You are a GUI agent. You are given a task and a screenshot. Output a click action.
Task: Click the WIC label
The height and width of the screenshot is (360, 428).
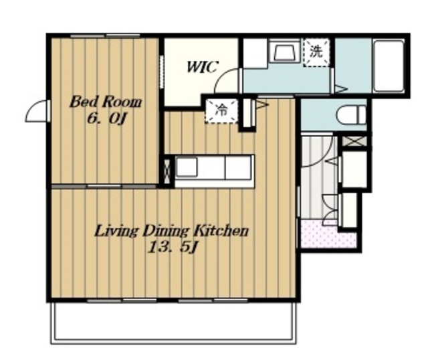(x=202, y=67)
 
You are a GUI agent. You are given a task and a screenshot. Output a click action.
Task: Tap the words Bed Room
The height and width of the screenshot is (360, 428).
(x=106, y=102)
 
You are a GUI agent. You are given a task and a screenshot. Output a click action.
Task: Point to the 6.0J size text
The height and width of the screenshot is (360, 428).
(x=107, y=119)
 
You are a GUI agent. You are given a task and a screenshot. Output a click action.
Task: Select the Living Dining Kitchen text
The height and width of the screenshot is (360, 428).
(x=171, y=232)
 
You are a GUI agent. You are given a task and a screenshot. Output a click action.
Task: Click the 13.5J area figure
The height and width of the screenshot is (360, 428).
(x=173, y=248)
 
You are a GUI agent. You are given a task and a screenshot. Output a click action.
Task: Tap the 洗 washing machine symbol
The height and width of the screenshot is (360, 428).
(x=316, y=52)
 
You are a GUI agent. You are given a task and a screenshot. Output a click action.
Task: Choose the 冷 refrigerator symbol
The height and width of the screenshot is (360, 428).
(x=221, y=110)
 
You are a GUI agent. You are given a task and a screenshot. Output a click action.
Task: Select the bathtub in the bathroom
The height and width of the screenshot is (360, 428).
(x=389, y=66)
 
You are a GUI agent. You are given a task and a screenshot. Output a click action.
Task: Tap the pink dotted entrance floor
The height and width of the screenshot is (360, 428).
(x=328, y=234)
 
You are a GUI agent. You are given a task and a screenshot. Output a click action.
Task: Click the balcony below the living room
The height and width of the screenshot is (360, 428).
(x=173, y=323)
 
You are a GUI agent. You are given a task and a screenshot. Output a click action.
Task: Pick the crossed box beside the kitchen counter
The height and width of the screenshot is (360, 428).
(x=167, y=171)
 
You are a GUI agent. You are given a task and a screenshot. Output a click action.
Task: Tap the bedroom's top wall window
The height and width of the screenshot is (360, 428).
(x=105, y=35)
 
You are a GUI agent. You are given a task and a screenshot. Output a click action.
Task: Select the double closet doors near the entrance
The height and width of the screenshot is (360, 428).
(x=330, y=209)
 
